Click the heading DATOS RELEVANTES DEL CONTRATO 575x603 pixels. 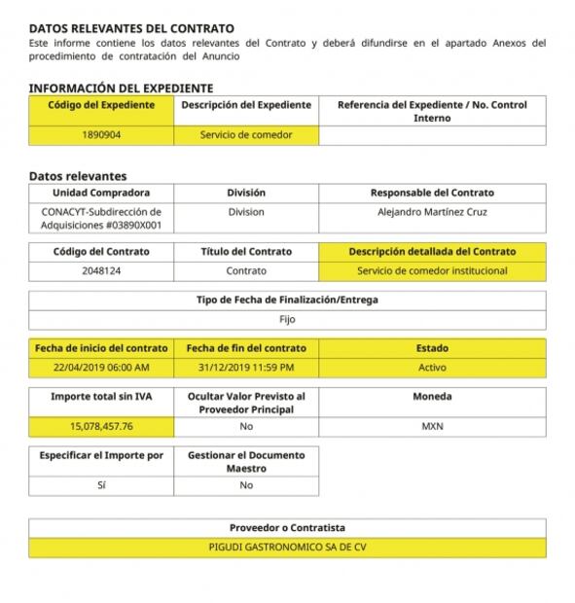tap(131, 29)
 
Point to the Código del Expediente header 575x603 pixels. tap(101, 105)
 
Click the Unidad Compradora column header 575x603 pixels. tap(101, 193)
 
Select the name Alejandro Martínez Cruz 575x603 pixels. tap(432, 212)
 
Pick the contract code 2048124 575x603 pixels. tap(101, 270)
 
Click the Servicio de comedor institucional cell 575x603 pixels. tap(432, 270)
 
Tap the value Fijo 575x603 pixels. tap(287, 319)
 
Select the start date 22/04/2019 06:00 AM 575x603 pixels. tap(101, 368)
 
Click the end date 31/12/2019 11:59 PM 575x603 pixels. tap(246, 368)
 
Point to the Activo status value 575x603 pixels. tap(432, 368)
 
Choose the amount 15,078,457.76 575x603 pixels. tap(101, 426)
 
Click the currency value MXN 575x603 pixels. tap(432, 426)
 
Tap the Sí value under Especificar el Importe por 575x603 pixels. tap(101, 484)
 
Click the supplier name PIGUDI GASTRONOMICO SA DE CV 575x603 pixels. tap(287, 547)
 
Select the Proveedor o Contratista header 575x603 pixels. tap(287, 527)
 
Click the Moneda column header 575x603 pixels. tap(432, 397)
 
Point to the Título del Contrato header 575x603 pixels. tap(246, 251)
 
